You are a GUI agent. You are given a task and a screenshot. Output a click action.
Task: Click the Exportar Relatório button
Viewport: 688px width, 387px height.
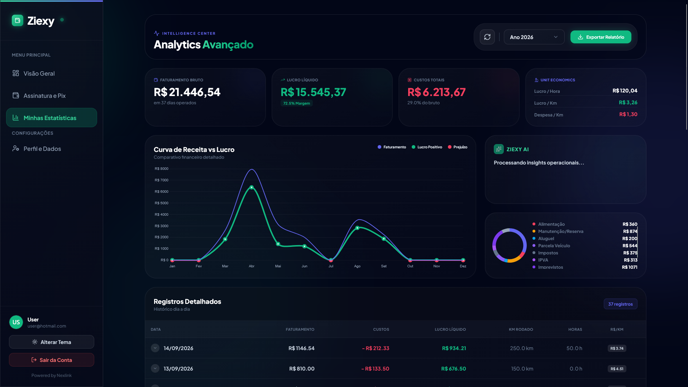click(x=601, y=37)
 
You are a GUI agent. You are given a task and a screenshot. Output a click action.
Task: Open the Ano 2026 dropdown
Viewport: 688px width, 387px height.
click(x=534, y=37)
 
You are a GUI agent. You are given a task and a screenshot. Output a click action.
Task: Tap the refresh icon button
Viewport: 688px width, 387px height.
click(x=487, y=37)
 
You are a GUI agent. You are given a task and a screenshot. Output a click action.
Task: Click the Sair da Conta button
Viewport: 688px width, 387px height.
click(x=52, y=360)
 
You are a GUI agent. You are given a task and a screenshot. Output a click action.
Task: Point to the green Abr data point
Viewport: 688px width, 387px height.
click(x=252, y=187)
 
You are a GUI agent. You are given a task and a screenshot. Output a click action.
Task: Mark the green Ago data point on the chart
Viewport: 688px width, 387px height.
click(x=357, y=228)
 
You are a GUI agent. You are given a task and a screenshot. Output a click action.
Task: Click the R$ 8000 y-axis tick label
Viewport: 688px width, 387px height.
click(x=161, y=169)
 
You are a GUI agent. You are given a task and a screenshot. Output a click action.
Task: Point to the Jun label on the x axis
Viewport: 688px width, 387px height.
click(x=305, y=266)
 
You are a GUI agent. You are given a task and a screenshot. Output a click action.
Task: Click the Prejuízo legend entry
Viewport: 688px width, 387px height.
click(x=458, y=147)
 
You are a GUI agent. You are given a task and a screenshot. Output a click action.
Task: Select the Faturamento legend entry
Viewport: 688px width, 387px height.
click(x=392, y=147)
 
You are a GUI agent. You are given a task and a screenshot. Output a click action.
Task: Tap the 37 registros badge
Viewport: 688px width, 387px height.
click(x=621, y=304)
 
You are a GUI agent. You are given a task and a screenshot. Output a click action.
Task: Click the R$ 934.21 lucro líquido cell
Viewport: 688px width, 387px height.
click(x=454, y=348)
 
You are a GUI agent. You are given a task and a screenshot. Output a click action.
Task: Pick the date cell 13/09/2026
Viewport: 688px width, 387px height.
click(x=178, y=369)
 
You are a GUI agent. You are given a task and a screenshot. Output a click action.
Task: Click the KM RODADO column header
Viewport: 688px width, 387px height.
click(x=521, y=329)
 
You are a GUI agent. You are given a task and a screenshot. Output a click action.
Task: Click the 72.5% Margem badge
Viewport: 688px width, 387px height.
click(x=297, y=103)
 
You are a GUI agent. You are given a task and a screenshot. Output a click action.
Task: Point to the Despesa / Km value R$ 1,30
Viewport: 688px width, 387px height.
click(x=629, y=114)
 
